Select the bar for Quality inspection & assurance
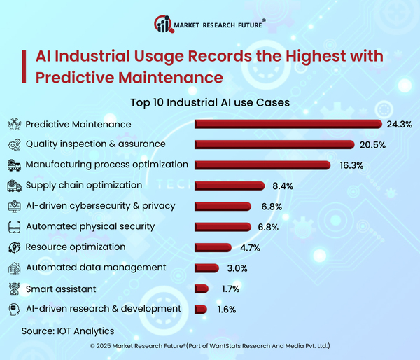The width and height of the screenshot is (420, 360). [274, 144]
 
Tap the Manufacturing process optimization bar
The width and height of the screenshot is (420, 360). [262, 165]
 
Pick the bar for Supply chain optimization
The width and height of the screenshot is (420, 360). [229, 186]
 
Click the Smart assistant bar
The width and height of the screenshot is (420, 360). [202, 288]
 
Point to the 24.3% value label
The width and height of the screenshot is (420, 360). [399, 124]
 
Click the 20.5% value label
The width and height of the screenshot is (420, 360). [372, 144]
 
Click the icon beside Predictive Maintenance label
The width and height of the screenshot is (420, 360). [13, 124]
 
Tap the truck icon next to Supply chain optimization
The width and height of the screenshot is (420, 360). [13, 186]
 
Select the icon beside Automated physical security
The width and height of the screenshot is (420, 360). [13, 227]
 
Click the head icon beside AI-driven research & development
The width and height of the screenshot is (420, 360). [13, 309]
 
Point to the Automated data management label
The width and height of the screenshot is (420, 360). [96, 268]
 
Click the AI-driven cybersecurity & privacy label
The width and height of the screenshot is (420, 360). [100, 206]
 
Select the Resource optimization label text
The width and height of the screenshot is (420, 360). [76, 247]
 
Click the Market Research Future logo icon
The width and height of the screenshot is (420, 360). [164, 25]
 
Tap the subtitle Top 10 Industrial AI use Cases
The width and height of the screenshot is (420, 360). [210, 102]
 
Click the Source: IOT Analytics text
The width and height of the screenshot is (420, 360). [67, 330]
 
